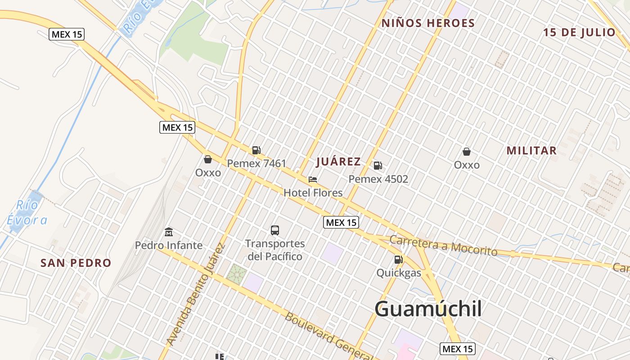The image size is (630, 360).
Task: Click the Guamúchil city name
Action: tap(428, 309)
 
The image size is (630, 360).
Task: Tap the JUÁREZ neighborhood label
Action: tap(338, 162)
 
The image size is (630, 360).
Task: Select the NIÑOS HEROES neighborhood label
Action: tap(428, 23)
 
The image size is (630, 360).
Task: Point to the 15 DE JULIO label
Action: tap(579, 32)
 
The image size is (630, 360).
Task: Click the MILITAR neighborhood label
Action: tap(531, 151)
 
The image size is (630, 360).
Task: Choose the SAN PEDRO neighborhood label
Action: tap(76, 263)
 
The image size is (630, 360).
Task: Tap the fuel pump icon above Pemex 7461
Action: tap(256, 150)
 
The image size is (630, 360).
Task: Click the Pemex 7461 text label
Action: tap(256, 163)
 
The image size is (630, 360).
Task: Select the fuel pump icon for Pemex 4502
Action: tap(378, 166)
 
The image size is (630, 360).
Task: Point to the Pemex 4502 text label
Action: tap(378, 179)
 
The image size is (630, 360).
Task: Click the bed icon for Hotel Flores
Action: tap(313, 180)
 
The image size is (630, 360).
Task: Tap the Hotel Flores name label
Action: tap(313, 193)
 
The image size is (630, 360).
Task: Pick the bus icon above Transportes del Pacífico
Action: tap(274, 230)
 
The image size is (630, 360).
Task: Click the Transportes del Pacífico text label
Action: tap(274, 250)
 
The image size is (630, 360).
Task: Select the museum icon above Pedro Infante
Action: tap(169, 232)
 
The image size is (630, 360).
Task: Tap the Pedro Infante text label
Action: tap(169, 246)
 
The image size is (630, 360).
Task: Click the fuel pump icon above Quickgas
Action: tap(398, 259)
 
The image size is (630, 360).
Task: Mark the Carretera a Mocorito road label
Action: tap(443, 245)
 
